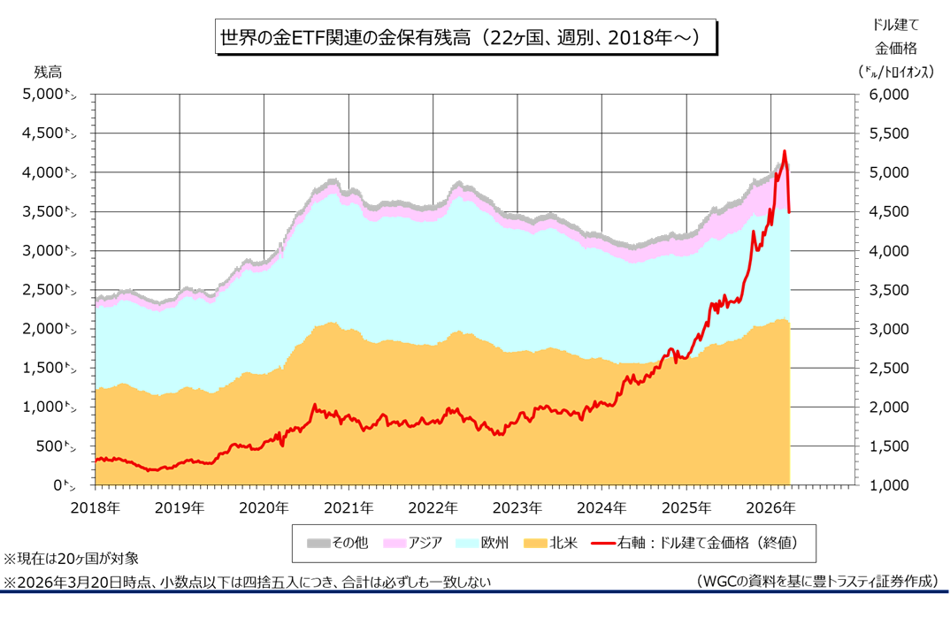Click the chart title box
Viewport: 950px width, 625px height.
click(x=462, y=39)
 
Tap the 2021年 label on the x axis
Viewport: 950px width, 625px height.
click(x=349, y=508)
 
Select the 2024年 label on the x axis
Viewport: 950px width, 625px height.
click(x=601, y=508)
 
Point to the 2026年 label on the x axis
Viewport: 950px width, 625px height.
click(x=770, y=508)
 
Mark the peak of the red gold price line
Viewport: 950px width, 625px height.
click(x=784, y=151)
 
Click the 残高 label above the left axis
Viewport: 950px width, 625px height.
click(x=49, y=71)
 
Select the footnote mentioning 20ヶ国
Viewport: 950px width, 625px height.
click(x=72, y=559)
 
